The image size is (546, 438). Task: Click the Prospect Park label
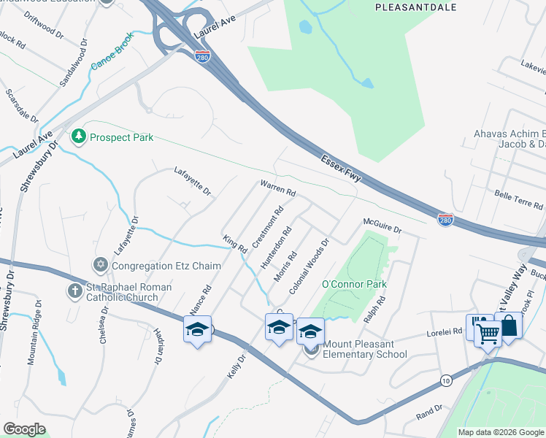coord(122,137)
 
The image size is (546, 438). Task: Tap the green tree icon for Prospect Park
coord(78,137)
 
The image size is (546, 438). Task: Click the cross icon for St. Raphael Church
coord(74,291)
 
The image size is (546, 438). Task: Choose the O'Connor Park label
coord(354,283)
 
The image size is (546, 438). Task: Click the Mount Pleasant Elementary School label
coord(365,349)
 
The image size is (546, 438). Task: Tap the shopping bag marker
coord(508,326)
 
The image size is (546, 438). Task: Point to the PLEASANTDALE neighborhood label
coord(415,7)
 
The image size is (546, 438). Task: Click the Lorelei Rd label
coord(445,331)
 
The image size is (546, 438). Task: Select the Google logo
coord(24,429)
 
